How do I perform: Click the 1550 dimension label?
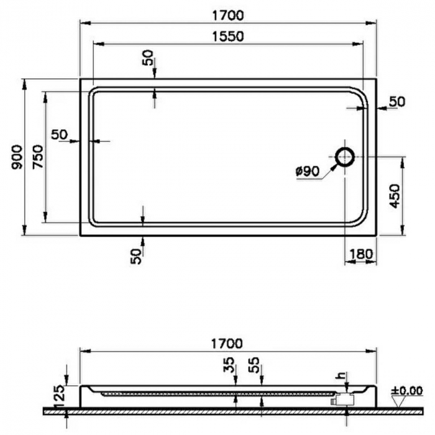coord(227,36)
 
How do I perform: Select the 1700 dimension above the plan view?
coord(227,14)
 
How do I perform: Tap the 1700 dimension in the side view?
coord(227,342)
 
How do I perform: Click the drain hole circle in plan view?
coord(345,157)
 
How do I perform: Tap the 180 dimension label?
coord(360,254)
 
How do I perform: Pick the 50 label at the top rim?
coord(147,58)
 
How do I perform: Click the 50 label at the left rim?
coord(60,134)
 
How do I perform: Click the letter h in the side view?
coord(340,377)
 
